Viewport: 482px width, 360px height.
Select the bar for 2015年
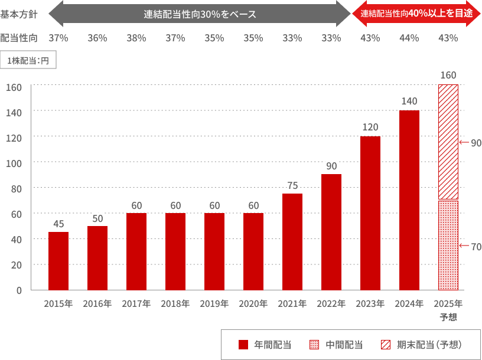[x=58, y=261]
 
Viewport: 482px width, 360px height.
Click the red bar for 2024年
[x=409, y=200]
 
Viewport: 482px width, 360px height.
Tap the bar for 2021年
[x=292, y=242]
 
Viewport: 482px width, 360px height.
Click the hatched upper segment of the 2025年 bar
[x=448, y=142]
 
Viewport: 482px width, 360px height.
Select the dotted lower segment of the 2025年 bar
[x=448, y=245]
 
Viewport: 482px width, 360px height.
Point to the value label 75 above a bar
[x=292, y=185]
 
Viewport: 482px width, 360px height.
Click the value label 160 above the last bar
[x=448, y=76]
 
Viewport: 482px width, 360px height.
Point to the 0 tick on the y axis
[x=19, y=290]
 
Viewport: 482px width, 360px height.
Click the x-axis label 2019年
[x=214, y=305]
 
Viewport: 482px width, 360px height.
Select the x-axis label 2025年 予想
[x=448, y=310]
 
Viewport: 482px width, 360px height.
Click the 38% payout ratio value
[x=136, y=38]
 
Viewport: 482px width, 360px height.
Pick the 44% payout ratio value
[x=409, y=38]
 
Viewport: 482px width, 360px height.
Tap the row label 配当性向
[x=19, y=38]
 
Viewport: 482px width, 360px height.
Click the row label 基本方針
[x=19, y=14]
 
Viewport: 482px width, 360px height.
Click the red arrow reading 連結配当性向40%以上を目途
[x=416, y=14]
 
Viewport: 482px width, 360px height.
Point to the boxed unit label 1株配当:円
[x=28, y=61]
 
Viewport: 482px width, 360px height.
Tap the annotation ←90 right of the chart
[x=471, y=143]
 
